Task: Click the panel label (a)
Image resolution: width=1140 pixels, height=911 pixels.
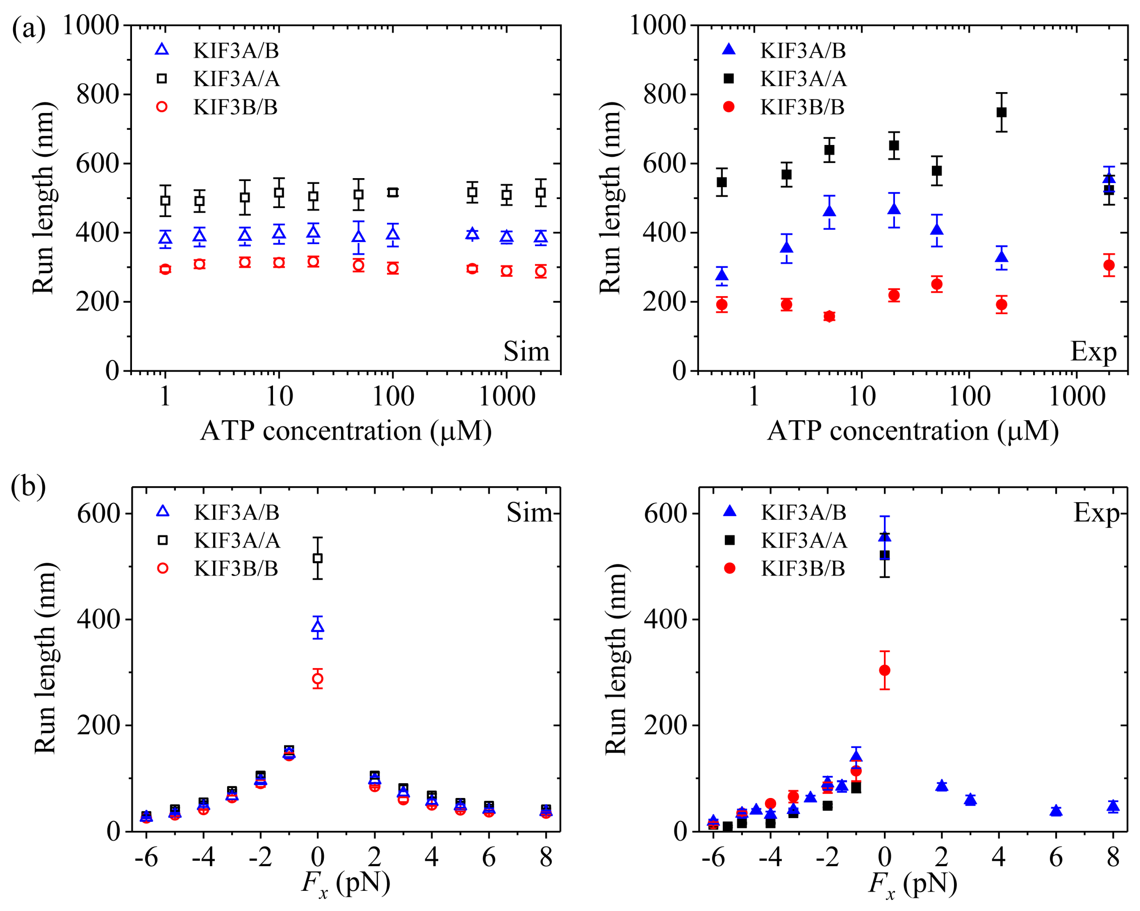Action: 29,27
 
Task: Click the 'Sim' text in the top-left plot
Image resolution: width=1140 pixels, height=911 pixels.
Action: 526,351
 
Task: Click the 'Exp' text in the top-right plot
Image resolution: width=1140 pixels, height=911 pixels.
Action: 1093,351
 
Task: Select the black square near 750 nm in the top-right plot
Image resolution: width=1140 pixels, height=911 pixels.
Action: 1001,112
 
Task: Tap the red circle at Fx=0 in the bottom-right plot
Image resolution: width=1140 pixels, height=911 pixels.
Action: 884,670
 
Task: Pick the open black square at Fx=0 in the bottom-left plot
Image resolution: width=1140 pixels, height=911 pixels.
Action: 318,558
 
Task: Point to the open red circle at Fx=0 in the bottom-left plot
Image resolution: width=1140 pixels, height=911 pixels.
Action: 318,679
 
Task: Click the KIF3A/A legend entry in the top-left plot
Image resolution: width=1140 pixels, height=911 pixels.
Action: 235,79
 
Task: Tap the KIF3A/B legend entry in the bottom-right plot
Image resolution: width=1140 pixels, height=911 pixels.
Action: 803,512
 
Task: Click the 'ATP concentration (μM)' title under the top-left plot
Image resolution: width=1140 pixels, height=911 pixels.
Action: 346,431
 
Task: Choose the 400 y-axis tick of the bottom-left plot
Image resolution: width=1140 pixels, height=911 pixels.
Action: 98,619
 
